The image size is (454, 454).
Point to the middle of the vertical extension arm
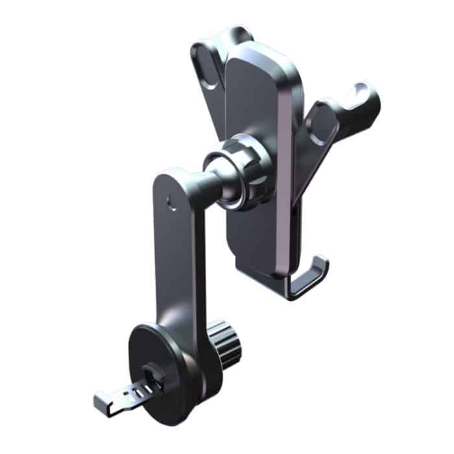[178, 259]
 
